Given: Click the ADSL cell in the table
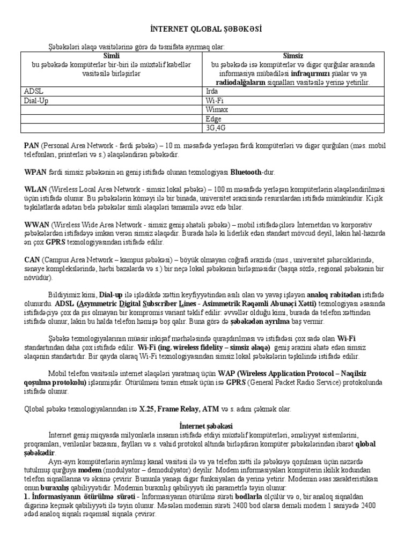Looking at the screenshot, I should pos(33,92).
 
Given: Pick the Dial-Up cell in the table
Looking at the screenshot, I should pos(36,100).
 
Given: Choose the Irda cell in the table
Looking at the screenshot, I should pos(212,92).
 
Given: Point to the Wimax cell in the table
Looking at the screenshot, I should pos(216,109).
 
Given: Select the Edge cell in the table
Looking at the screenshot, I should pos(213,118).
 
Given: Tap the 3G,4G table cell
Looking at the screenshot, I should pos(216,128).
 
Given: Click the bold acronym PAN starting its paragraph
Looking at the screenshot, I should pos(31,146).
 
